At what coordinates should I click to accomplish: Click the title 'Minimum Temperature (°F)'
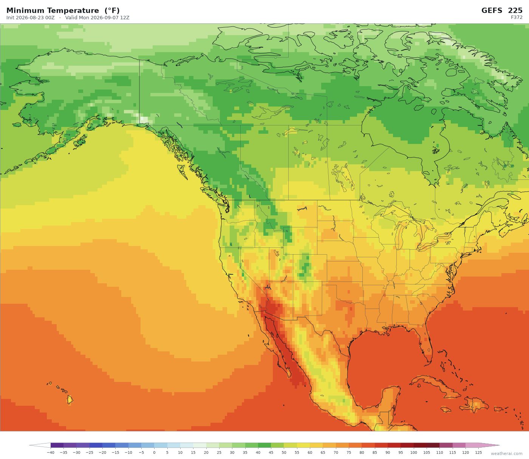point(63,11)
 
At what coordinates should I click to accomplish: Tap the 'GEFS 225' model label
point(502,11)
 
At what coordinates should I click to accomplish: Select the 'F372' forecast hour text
point(517,17)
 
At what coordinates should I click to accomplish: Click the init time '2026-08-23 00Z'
point(35,18)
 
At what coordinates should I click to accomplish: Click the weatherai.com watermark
point(507,453)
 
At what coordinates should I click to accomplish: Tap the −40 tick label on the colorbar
point(50,453)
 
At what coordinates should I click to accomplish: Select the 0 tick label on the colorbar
point(154,453)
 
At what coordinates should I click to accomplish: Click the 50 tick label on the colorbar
point(284,453)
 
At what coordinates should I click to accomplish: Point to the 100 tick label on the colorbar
point(414,453)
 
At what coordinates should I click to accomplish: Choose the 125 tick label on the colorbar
point(478,453)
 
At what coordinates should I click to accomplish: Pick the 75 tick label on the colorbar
point(349,453)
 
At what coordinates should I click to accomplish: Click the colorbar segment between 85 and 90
point(381,445)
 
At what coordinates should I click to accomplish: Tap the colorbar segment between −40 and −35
point(57,445)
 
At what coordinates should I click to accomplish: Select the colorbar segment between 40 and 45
point(264,445)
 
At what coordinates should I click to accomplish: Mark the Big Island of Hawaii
point(70,400)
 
